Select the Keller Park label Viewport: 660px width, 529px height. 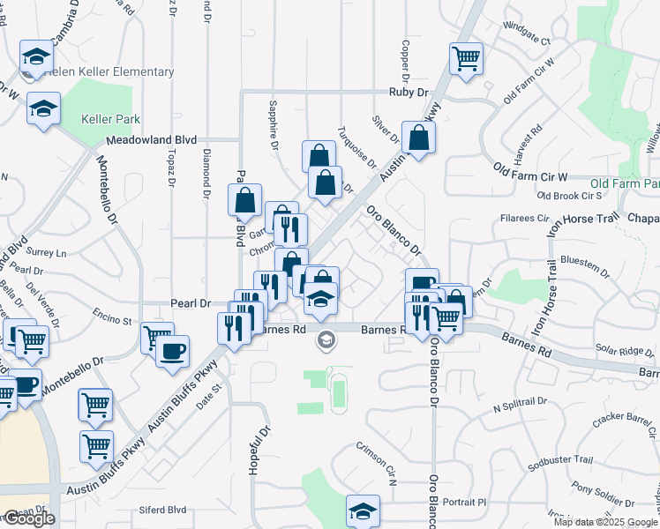[110, 119]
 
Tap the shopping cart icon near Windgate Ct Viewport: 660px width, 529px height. [466, 59]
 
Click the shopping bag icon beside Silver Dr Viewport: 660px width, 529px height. [418, 138]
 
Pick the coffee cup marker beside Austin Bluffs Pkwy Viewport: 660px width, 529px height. [172, 351]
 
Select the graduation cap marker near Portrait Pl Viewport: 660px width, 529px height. [362, 510]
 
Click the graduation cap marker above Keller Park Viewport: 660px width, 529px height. [43, 108]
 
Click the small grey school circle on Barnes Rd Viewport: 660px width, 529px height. [326, 339]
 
